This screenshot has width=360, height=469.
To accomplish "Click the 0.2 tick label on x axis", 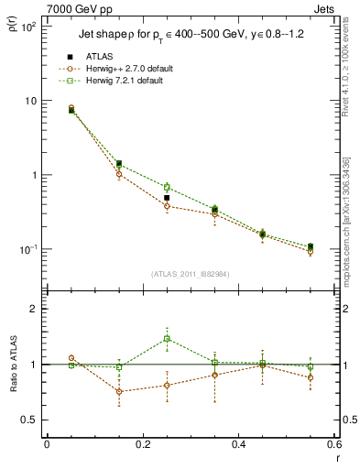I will [x=142, y=444].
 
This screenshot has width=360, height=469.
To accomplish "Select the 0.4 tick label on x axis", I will [x=238, y=444].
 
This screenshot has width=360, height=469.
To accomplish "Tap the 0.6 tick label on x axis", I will [x=334, y=444].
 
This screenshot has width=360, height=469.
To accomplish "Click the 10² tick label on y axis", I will [x=27, y=27].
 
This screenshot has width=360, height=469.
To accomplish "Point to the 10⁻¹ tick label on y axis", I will [x=27, y=249].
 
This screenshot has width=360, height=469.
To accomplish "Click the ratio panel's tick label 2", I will [x=32, y=309].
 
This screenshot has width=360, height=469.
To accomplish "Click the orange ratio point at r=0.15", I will [x=119, y=391].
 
